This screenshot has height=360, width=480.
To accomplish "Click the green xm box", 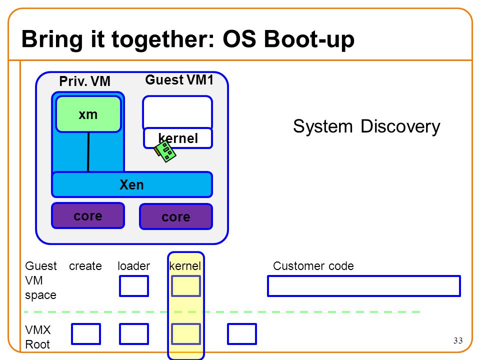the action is pyautogui.click(x=88, y=114).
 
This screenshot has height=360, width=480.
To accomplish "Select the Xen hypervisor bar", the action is pyautogui.click(x=132, y=184).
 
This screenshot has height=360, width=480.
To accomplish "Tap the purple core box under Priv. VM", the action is pyautogui.click(x=88, y=215).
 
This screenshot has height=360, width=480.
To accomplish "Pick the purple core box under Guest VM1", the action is pyautogui.click(x=176, y=216).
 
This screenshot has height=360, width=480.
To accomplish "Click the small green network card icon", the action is pyautogui.click(x=164, y=151).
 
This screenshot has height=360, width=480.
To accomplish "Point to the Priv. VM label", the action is pyautogui.click(x=85, y=81).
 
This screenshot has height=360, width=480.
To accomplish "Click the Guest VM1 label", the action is pyautogui.click(x=179, y=80).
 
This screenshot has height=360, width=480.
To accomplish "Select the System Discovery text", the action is pyautogui.click(x=366, y=126).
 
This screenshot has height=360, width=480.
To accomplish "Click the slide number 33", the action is pyautogui.click(x=458, y=340).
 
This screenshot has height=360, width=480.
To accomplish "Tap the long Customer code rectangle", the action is pyautogui.click(x=364, y=286).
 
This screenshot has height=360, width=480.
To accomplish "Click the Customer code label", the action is pyautogui.click(x=313, y=265).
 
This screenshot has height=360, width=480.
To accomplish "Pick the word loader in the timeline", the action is pyautogui.click(x=134, y=265).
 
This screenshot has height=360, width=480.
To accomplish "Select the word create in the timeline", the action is pyautogui.click(x=85, y=265).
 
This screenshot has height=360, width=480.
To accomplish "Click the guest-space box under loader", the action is pyautogui.click(x=134, y=286).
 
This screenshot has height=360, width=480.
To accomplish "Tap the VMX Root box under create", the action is pyautogui.click(x=86, y=334).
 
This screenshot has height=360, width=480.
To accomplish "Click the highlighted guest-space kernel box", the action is pyautogui.click(x=186, y=286).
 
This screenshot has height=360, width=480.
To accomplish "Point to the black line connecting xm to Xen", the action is pyautogui.click(x=88, y=152).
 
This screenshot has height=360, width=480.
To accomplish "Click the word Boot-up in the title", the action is pyautogui.click(x=309, y=39).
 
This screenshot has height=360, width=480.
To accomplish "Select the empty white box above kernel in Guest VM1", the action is pyautogui.click(x=177, y=112).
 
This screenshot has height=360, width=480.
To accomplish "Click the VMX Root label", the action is pyautogui.click(x=38, y=337).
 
